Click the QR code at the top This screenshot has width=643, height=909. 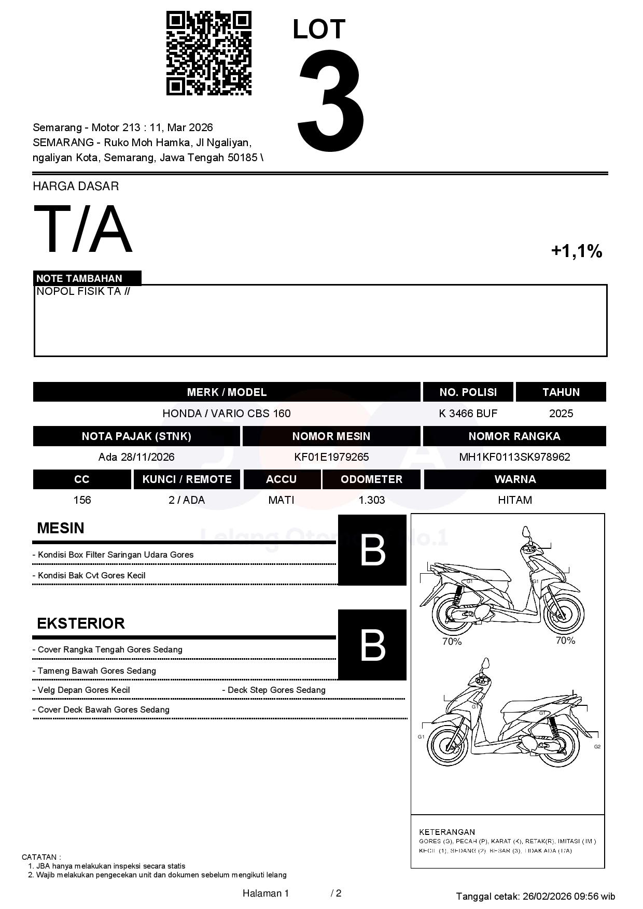[x=208, y=53]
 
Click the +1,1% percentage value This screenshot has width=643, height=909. [x=576, y=251]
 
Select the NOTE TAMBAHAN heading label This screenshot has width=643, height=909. [x=79, y=278]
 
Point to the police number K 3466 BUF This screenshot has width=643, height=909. [x=468, y=414]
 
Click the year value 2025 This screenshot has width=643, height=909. [x=561, y=414]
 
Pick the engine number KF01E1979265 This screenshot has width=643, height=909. [x=331, y=457]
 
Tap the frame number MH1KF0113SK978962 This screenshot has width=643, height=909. [x=514, y=457]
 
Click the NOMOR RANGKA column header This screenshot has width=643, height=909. [x=514, y=436]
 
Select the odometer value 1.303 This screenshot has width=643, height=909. [x=372, y=500]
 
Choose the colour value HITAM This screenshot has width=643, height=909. [x=515, y=500]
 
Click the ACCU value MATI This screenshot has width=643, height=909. [x=281, y=500]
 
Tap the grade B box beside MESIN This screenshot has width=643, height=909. [x=372, y=550]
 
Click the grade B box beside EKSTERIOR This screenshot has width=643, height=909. [x=372, y=645]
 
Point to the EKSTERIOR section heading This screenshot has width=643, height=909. [x=81, y=623]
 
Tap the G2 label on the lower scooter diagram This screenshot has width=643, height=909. [x=597, y=747]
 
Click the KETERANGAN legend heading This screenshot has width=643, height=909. [x=447, y=832]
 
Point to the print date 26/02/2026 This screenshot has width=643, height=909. [x=547, y=896]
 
